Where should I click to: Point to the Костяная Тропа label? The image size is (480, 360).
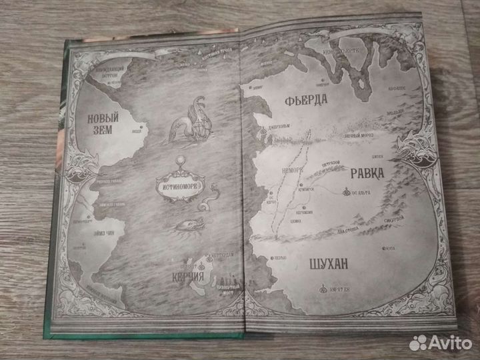click(x=215, y=53)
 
